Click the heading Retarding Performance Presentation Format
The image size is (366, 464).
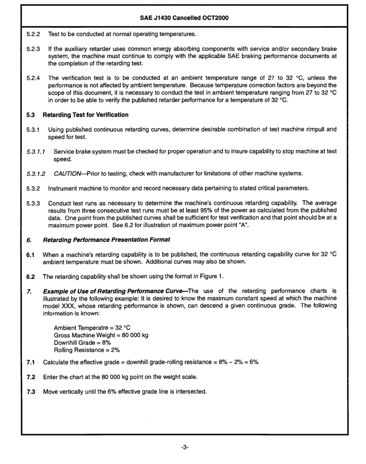106,240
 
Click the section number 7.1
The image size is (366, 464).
30,362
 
